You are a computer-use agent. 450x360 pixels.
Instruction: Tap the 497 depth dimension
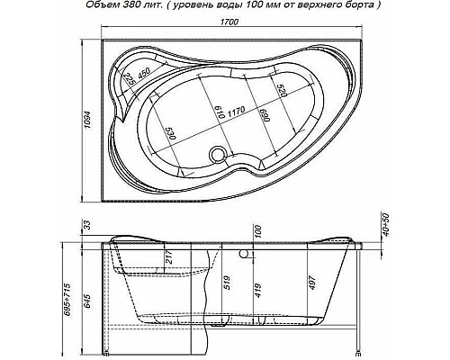310,282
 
